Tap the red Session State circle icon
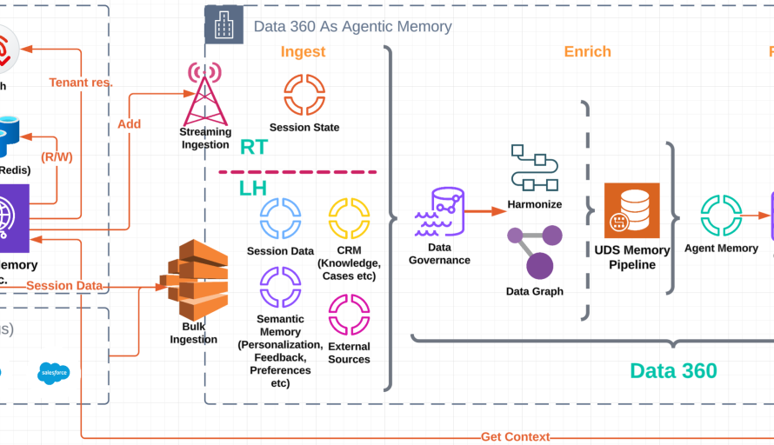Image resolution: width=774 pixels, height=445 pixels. click(304, 95)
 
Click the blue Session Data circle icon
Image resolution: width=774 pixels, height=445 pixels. click(280, 218)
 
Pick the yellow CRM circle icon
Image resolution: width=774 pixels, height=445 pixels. click(349, 218)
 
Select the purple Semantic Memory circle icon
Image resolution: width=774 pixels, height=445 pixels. click(280, 288)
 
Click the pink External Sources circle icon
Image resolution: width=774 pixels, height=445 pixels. click(349, 315)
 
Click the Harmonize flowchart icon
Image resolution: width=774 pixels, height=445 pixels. click(534, 169)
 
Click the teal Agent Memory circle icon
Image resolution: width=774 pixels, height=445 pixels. click(721, 215)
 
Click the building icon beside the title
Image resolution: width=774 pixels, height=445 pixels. click(224, 25)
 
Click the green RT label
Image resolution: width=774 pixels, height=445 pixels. click(253, 148)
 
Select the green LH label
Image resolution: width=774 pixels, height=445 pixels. click(253, 188)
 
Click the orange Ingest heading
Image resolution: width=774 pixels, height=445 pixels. click(303, 52)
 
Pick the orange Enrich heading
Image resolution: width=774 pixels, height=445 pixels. click(587, 52)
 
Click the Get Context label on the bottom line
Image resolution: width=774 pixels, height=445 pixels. click(516, 437)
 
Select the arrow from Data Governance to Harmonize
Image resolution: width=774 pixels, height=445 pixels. click(485, 210)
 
